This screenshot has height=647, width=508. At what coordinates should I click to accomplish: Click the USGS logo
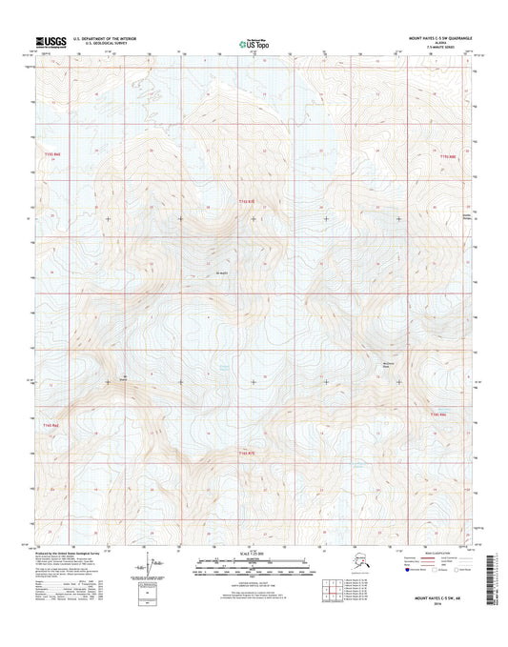(50, 41)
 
